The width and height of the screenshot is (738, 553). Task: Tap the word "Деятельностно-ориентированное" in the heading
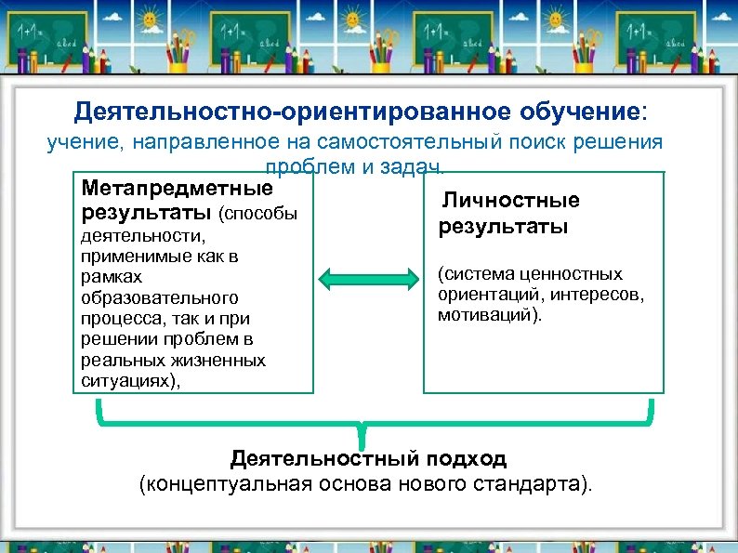(x=293, y=112)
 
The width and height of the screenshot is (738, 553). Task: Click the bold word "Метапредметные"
(x=178, y=189)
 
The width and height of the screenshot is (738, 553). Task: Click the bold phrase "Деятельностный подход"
(x=368, y=459)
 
